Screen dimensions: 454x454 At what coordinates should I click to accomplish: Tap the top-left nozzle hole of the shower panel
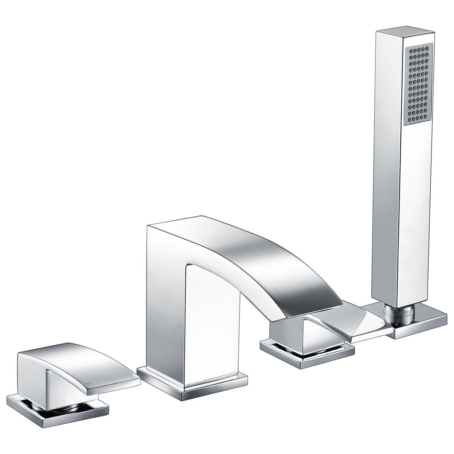pos(410,49)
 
